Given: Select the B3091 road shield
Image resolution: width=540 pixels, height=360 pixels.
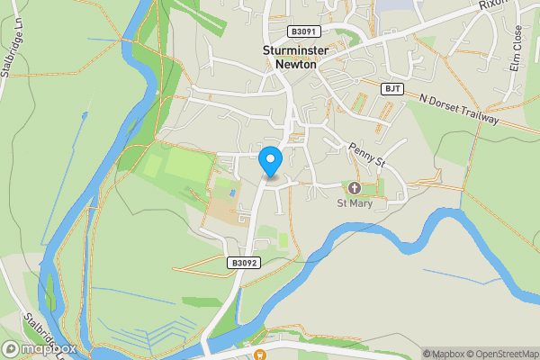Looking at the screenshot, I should (303, 31).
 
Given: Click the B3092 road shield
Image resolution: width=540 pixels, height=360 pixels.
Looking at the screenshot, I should (243, 264).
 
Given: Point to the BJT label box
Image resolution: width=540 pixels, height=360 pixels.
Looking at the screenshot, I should (391, 88).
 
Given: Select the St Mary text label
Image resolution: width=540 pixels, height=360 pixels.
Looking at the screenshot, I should (354, 204).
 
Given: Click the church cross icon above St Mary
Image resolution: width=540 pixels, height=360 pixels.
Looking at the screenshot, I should (354, 188).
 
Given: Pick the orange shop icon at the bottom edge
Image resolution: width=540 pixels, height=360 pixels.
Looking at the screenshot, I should (261, 355).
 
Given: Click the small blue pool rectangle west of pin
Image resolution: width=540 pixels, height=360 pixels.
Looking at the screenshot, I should (234, 192).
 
